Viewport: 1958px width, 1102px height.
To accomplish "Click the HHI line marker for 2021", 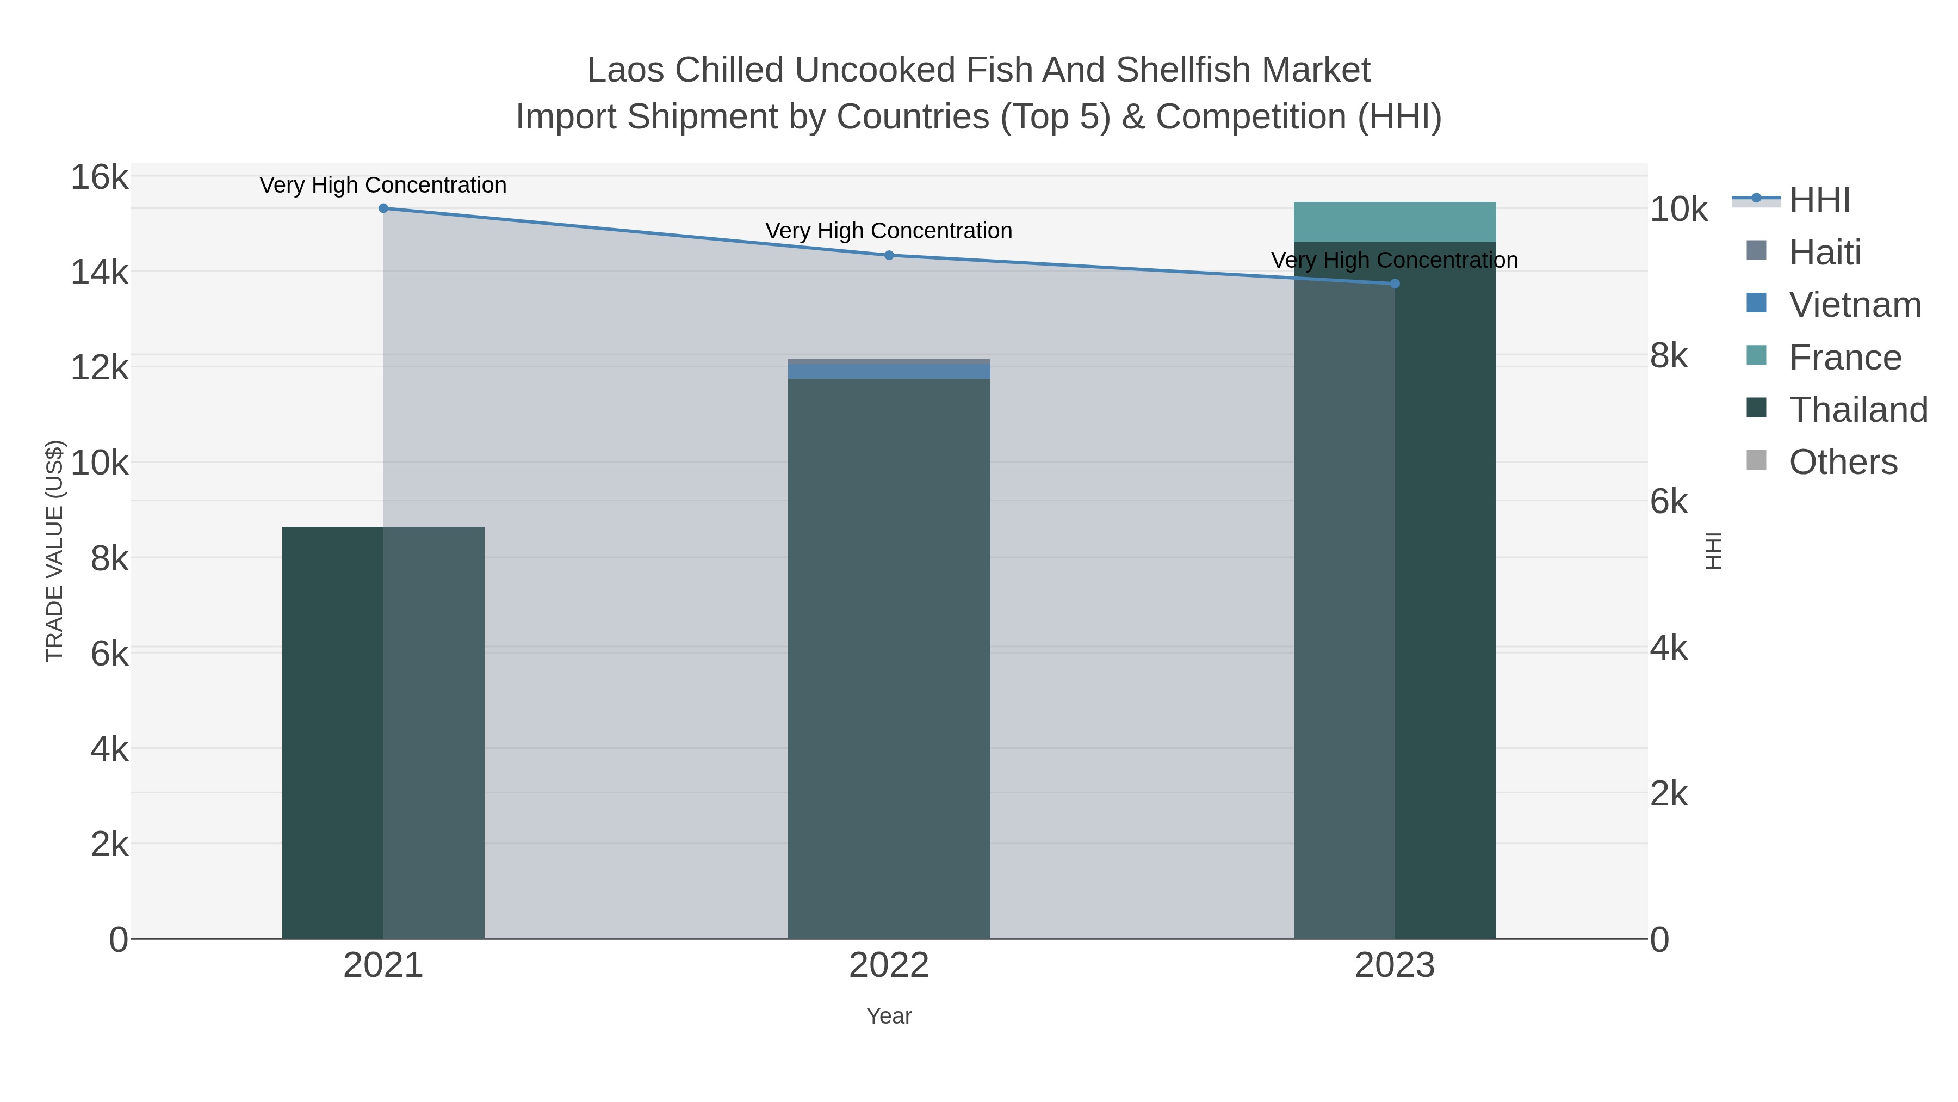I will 383,208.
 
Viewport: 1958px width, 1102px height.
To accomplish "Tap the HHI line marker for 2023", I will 1395,284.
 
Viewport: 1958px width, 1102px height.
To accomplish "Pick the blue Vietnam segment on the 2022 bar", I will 889,371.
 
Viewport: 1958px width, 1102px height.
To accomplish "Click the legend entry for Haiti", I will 1824,252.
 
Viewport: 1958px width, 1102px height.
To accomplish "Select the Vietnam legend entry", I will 1855,304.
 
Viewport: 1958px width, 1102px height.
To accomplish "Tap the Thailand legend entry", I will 1858,409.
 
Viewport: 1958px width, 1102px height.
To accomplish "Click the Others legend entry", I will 1843,461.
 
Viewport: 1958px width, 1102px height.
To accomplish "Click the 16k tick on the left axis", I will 100,177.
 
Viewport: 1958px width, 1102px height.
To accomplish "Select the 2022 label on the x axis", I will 889,965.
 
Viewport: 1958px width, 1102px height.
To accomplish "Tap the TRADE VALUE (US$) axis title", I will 55,551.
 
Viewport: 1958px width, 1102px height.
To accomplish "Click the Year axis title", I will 889,1016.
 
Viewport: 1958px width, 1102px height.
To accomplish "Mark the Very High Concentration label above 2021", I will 383,185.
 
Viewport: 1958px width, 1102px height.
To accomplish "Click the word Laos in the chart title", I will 627,70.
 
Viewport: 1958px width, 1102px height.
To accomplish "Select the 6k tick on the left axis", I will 109,653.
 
